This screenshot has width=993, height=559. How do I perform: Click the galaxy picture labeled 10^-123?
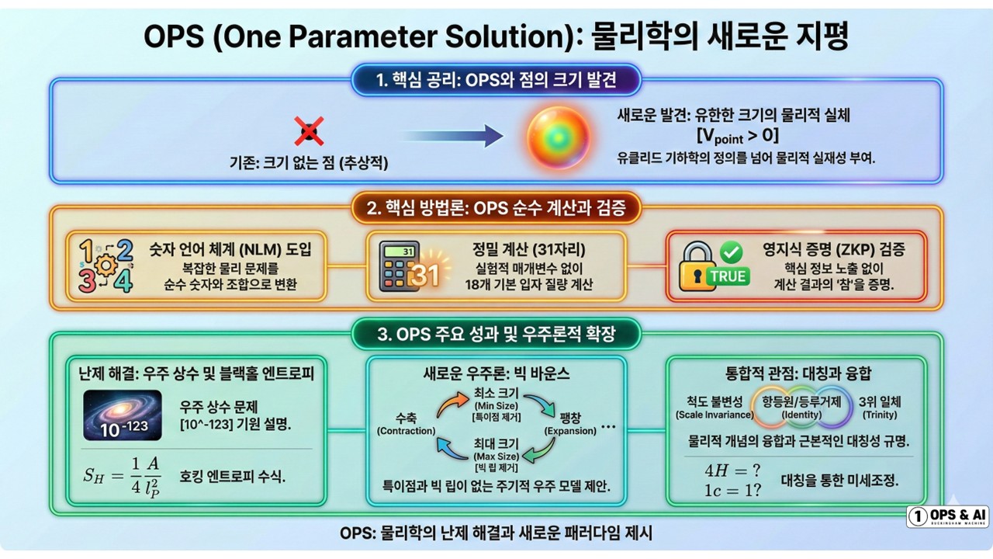tap(122, 415)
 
